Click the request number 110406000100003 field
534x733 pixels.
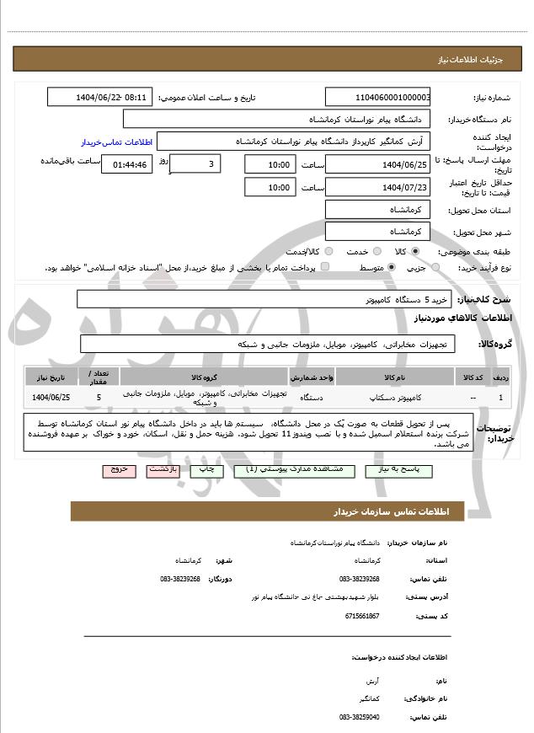click(378, 97)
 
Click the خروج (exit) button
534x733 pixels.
click(119, 470)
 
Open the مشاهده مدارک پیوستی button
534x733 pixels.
click(291, 470)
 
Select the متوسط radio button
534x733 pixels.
click(392, 267)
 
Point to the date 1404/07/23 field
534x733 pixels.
click(378, 187)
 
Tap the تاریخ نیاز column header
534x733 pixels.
click(51, 377)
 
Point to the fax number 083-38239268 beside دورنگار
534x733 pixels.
click(180, 579)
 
